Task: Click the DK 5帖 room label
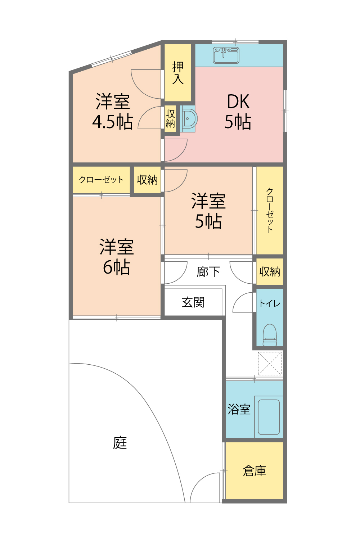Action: tap(238, 112)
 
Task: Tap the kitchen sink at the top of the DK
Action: tap(226, 55)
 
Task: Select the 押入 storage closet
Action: tap(178, 73)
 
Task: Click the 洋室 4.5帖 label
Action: tap(113, 112)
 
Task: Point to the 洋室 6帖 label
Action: tap(117, 257)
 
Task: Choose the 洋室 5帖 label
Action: tap(208, 211)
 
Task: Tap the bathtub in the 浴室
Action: tap(269, 417)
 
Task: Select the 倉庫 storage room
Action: tap(254, 471)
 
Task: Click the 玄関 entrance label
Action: tap(193, 302)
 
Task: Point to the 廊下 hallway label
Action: tap(208, 271)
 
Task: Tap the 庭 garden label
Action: tap(120, 443)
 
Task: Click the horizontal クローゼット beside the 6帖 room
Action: tap(101, 180)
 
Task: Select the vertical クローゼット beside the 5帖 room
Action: tap(270, 210)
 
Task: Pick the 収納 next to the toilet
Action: tap(270, 271)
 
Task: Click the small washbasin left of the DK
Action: tap(188, 118)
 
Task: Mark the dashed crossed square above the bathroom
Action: tap(270, 363)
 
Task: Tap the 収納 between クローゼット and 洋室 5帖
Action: tap(147, 180)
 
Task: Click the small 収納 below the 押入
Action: tap(170, 118)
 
